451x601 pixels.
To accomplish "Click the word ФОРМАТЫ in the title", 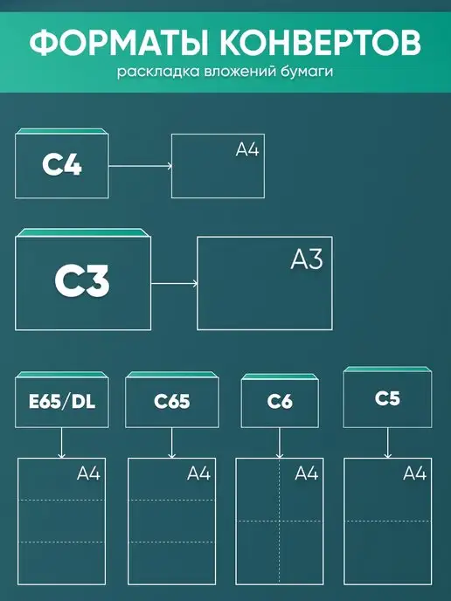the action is pos(119,42).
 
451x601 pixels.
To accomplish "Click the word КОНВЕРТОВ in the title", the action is pos(321,42).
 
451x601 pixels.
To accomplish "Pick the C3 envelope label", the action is pos(82,280).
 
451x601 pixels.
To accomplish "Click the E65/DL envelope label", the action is pos(62,401).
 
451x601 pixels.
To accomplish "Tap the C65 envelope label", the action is pos(172,401).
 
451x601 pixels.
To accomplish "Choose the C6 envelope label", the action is pos(280,401).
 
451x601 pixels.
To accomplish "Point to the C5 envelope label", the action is pos(387,398).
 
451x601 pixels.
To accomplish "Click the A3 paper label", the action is pos(307,259).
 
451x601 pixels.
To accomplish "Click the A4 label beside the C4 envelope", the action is pos(247,149).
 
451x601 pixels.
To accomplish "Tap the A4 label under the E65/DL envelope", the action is pos(88,473).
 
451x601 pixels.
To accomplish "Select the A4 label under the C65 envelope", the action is pos(199,473).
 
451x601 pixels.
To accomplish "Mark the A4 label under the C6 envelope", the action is pos(307,473).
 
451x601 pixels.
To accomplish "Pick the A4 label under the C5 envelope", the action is pos(415,473).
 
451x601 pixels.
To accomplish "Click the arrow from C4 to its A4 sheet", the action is pos(140,166).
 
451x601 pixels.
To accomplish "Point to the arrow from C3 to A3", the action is pos(175,284).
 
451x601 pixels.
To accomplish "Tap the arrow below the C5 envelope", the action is pos(387,443).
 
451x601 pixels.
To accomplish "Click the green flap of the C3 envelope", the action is pos(83,232).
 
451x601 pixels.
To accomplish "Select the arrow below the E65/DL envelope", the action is pos(61,443).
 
